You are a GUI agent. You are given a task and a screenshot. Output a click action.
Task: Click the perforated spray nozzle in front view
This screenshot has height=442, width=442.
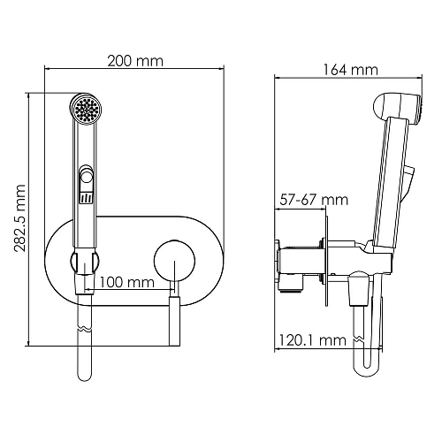(x=85, y=110)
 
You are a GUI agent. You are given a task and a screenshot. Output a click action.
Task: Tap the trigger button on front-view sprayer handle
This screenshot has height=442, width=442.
(x=86, y=178)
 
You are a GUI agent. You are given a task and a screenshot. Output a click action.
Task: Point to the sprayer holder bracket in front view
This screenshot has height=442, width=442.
(x=86, y=263)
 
